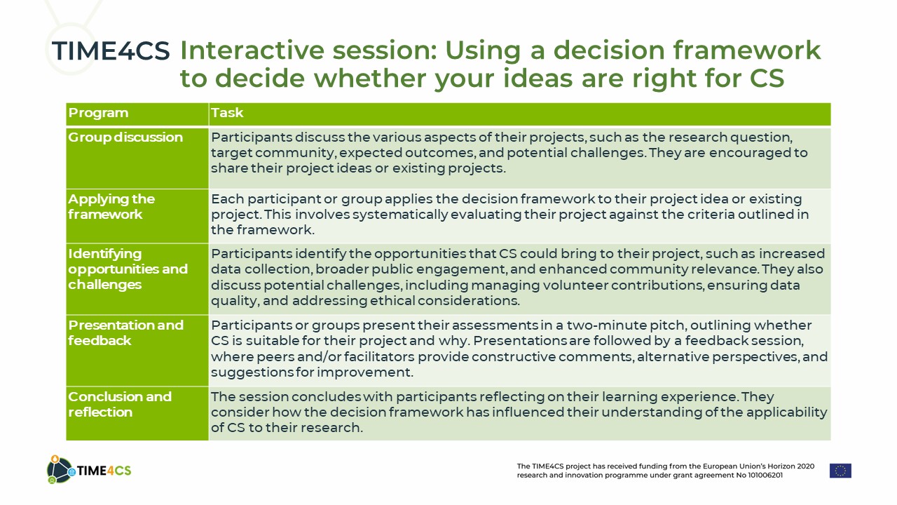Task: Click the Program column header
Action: point(98,113)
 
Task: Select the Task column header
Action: point(227,113)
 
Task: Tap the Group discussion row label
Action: point(125,137)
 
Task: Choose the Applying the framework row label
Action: point(111,206)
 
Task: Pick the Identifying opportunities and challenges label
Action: point(128,269)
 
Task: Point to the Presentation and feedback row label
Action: point(125,332)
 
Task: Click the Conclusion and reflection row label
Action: point(120,404)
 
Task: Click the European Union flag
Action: point(840,471)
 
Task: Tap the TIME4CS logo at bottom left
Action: point(89,469)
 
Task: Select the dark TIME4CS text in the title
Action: point(111,51)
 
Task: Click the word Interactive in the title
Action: point(252,50)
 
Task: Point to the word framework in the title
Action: point(747,50)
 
